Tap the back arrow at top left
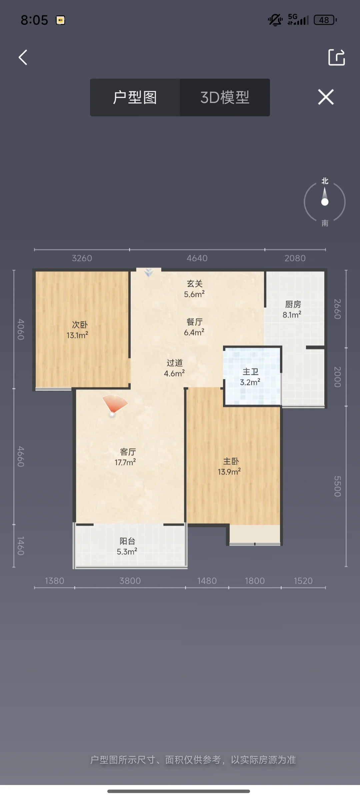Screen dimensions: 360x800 (23, 57)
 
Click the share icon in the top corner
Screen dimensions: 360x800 (336, 57)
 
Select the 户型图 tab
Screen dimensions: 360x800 (135, 97)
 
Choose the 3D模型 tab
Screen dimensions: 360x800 (225, 97)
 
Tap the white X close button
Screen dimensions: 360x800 (326, 97)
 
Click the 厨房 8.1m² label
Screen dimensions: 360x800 (292, 309)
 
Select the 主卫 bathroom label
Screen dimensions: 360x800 (250, 377)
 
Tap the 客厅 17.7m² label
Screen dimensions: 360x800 (126, 457)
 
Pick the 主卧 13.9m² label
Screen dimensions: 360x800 (230, 466)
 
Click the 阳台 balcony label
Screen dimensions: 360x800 (127, 546)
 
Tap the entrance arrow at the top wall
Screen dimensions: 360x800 (149, 273)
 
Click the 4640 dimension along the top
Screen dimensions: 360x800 (197, 258)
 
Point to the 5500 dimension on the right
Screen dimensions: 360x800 (338, 486)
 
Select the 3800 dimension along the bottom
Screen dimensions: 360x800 (130, 581)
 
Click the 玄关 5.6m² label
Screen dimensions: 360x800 (195, 289)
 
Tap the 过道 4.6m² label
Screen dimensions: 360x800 (174, 368)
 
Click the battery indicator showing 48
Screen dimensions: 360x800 (325, 20)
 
